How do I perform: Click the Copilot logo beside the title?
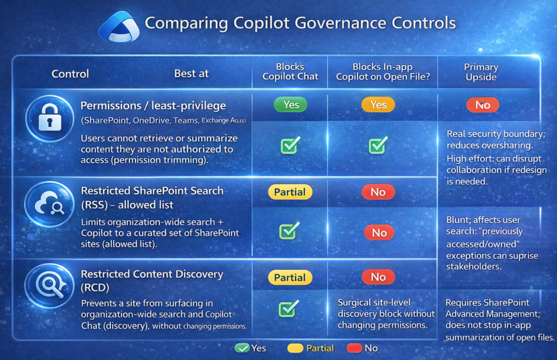[x=118, y=27]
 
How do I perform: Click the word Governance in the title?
[x=340, y=23]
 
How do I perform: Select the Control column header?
[x=70, y=74]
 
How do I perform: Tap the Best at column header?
[x=191, y=73]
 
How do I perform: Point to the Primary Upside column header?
[x=481, y=72]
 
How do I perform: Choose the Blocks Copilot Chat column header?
[x=290, y=71]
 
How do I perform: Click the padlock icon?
[x=49, y=118]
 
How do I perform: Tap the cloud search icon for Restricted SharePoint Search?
[x=49, y=204]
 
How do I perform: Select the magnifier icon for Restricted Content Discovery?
[x=49, y=286]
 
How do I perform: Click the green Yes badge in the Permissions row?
[x=291, y=105]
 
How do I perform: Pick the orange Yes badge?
[x=378, y=105]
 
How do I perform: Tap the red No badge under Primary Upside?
[x=483, y=105]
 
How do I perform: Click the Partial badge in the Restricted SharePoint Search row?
[x=290, y=192]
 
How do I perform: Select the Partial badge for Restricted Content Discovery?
[x=290, y=278]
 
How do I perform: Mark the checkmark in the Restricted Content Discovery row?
[x=289, y=308]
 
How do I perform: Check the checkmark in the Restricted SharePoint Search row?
[x=289, y=231]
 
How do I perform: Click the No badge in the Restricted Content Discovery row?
[x=378, y=277]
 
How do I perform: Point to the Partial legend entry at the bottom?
[x=310, y=348]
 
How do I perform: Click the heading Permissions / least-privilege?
[x=153, y=106]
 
